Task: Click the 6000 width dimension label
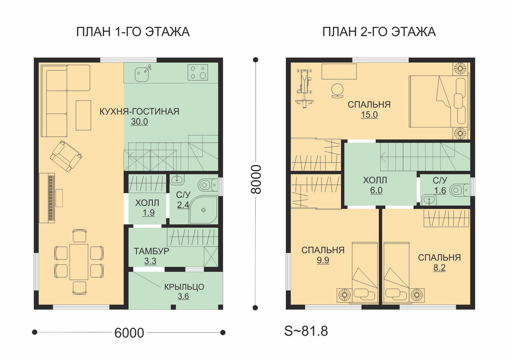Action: point(129,333)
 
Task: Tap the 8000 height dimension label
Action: point(256,180)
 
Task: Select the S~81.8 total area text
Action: point(306,331)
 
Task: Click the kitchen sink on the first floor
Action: point(143,73)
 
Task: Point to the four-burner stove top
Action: point(198,73)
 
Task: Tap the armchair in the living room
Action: point(66,156)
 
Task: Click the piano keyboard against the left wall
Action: point(47,198)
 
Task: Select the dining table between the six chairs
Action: point(79,262)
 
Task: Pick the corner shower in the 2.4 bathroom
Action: point(203,209)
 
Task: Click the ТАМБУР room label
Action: point(151,251)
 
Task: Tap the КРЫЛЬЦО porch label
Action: point(184,287)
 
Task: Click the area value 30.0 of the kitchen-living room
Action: point(140,122)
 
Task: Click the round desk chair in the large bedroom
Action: point(337,91)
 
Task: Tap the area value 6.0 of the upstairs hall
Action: point(376,190)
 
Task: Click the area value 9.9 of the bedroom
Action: point(323,260)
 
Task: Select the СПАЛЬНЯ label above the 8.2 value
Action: point(439,258)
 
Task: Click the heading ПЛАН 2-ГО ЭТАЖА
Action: point(379,32)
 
